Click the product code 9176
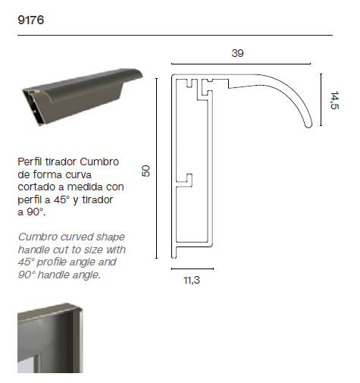click(30, 20)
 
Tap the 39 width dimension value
click(238, 53)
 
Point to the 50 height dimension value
click(146, 171)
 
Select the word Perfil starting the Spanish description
click(31, 162)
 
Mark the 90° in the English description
click(26, 275)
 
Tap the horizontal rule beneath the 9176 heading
click(174, 36)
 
